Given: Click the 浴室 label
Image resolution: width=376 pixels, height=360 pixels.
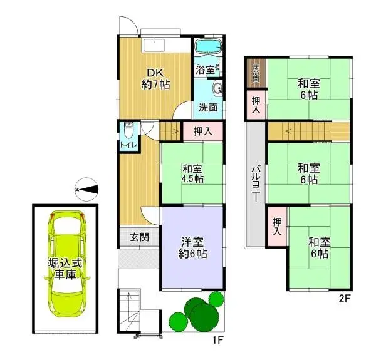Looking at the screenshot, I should (204, 70).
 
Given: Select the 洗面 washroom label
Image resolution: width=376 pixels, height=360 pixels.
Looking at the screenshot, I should (208, 106).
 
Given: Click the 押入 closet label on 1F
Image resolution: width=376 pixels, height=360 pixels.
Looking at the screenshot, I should (202, 131).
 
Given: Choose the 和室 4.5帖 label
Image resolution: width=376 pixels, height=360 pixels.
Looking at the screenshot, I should (193, 173).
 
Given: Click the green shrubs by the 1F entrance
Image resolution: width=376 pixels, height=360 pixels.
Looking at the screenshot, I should (198, 312).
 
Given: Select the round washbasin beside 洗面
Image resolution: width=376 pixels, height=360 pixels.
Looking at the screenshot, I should (218, 88).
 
